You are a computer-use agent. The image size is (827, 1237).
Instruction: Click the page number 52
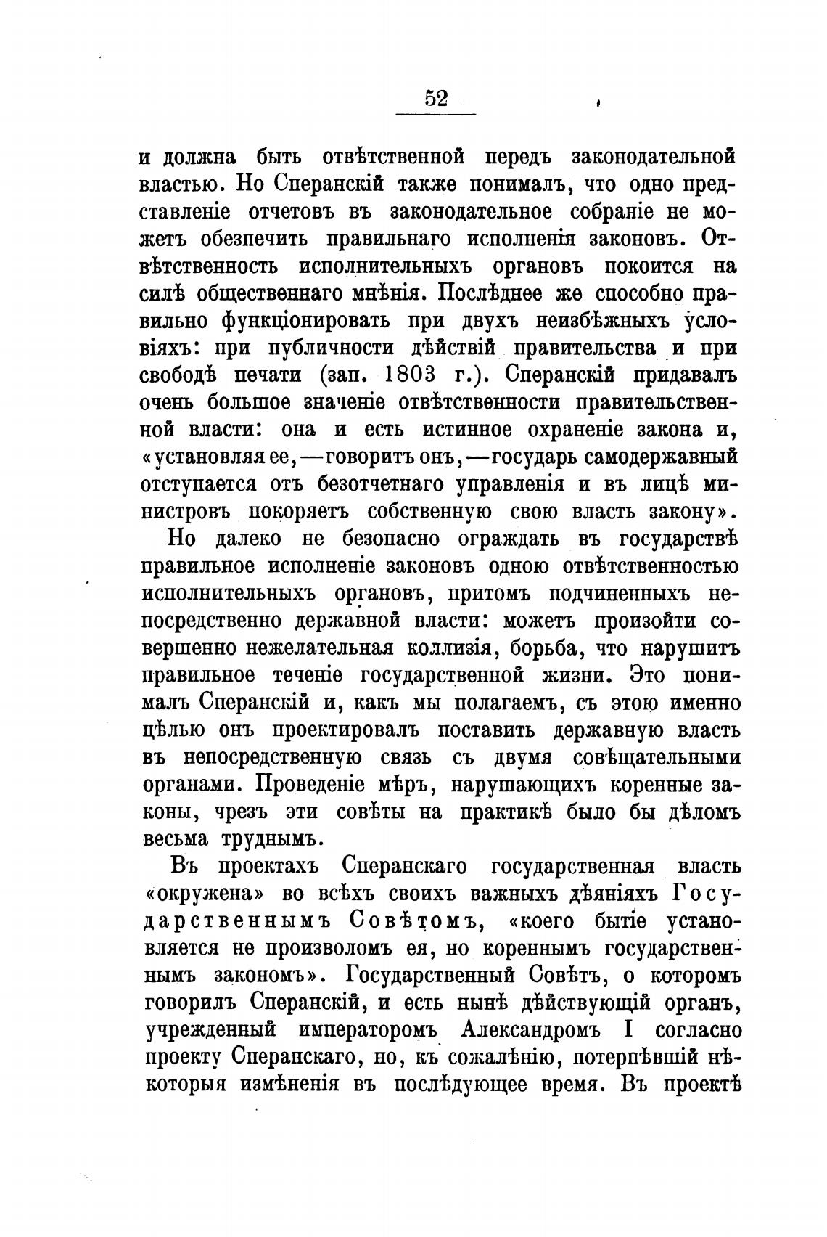pyautogui.click(x=435, y=97)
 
